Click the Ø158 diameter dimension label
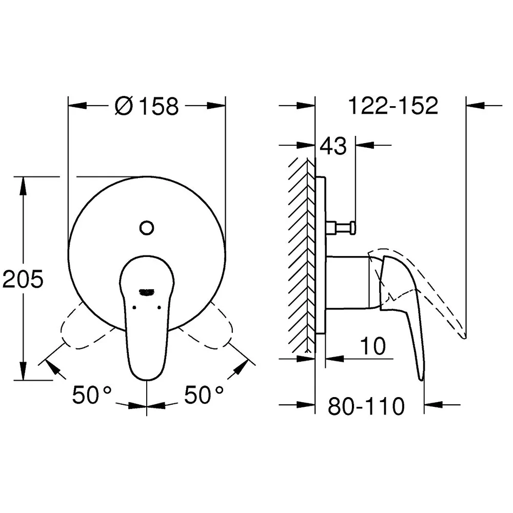point(147,106)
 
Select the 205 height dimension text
point(23,279)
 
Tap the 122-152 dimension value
point(393,105)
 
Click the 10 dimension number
point(373,346)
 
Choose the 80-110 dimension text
point(366,406)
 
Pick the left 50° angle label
point(92,394)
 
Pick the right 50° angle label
point(204,394)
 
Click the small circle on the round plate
point(147,228)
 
